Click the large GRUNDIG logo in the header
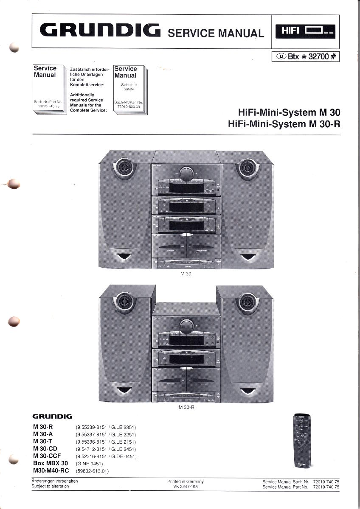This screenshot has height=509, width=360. (x=100, y=30)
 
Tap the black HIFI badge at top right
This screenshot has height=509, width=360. (x=305, y=31)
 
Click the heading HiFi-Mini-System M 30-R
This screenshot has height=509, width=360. (x=284, y=124)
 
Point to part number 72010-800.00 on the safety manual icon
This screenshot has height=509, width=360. (x=129, y=107)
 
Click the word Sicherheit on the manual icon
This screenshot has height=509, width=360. (x=129, y=85)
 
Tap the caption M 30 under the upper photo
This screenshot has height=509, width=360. (x=186, y=274)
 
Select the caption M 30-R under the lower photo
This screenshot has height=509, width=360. (x=186, y=408)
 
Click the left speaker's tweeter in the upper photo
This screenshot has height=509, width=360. (x=124, y=168)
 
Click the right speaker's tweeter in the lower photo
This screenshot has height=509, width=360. (x=247, y=302)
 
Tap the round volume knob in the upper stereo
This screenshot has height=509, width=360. (x=186, y=174)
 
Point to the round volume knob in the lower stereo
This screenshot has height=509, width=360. (x=186, y=326)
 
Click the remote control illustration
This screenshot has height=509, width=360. (x=302, y=442)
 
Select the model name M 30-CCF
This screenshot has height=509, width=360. (x=47, y=456)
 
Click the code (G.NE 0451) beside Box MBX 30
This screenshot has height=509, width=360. (x=89, y=464)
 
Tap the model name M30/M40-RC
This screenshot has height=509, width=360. (x=51, y=470)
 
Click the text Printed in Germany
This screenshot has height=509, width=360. (x=186, y=481)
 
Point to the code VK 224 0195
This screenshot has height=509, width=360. (x=186, y=487)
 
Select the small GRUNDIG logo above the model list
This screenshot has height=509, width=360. (x=52, y=417)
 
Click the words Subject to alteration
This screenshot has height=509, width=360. (x=50, y=486)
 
